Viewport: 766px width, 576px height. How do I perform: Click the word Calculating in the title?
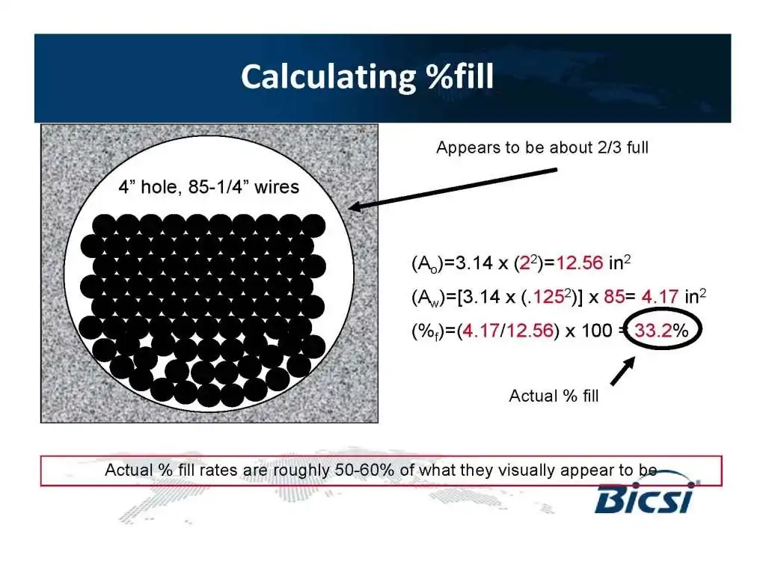[x=328, y=77]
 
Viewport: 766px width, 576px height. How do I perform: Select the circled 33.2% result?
[x=661, y=331]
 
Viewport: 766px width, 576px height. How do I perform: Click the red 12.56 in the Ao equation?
[x=580, y=263]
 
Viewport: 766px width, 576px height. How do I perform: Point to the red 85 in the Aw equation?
[x=614, y=296]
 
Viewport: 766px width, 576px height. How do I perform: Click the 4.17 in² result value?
[x=673, y=296]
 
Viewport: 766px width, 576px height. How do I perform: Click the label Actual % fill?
[x=554, y=396]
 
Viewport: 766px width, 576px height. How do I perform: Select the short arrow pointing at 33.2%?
[x=623, y=371]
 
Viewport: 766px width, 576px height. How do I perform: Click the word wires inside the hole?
[x=277, y=187]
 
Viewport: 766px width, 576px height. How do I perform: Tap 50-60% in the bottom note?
[x=364, y=470]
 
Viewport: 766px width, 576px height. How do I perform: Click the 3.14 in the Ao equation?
[x=474, y=263]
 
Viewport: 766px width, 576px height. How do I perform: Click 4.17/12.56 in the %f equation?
[x=508, y=331]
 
